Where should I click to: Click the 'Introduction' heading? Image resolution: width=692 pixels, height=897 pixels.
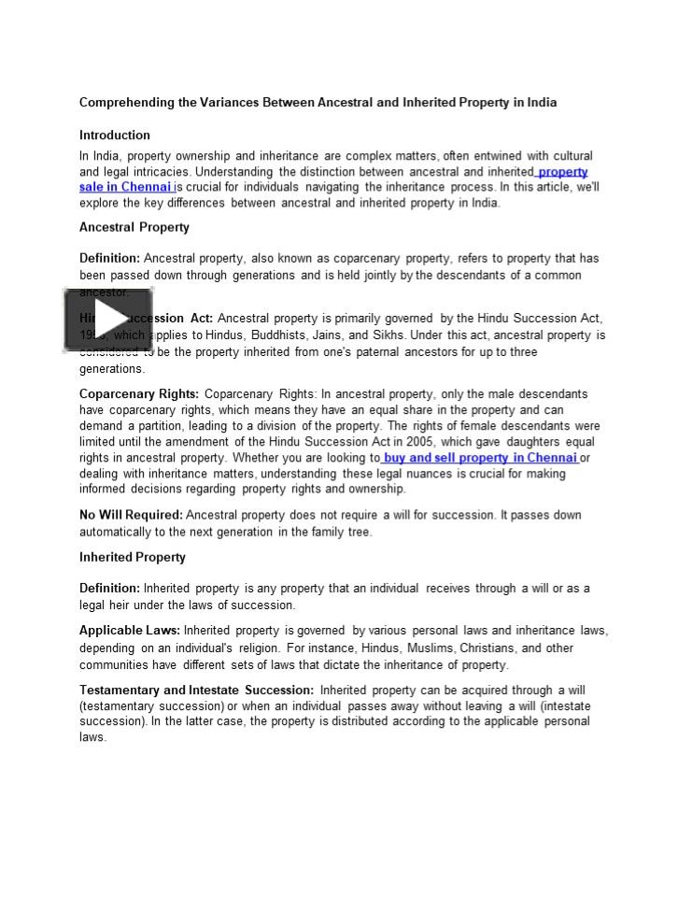tap(114, 135)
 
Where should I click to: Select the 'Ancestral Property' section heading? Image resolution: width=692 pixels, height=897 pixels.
tap(134, 227)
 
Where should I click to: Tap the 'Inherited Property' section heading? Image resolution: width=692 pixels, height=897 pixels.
tap(132, 557)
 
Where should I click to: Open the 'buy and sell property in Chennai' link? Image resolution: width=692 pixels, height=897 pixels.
tap(480, 458)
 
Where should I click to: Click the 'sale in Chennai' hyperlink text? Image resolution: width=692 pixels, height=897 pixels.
tap(126, 187)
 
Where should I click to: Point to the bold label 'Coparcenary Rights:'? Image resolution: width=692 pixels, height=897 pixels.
tap(138, 394)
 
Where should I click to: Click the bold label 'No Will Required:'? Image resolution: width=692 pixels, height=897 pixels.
tap(131, 515)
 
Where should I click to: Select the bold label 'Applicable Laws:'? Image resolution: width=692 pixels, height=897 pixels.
tap(130, 631)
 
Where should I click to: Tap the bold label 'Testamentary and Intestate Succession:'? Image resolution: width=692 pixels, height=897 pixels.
tap(196, 691)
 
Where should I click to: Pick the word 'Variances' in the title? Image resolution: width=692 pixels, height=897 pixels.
tap(231, 102)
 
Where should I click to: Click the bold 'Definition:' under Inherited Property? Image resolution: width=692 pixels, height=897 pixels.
tap(109, 589)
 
